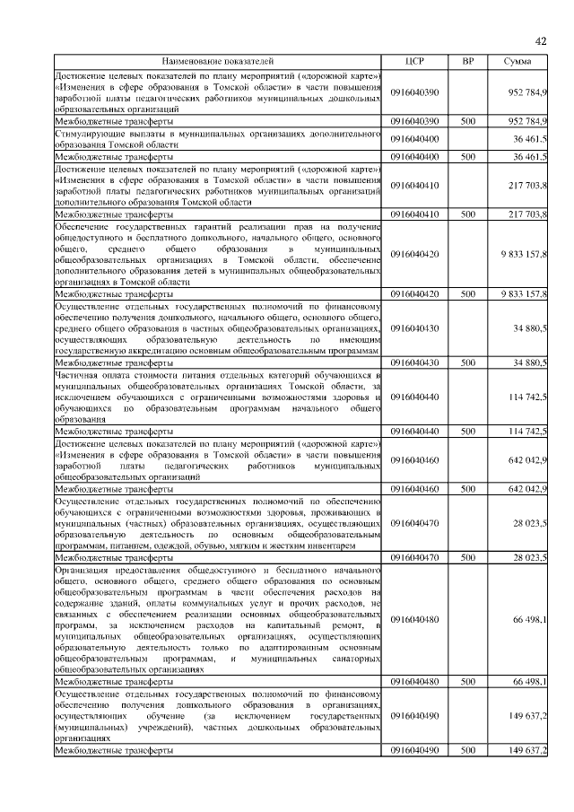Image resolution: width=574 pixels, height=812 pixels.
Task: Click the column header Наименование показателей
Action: (219, 61)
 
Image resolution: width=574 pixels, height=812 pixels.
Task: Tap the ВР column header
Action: (467, 61)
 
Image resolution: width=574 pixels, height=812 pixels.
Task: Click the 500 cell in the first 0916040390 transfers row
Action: (467, 120)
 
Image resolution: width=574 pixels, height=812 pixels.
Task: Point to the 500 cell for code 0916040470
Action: (467, 557)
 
